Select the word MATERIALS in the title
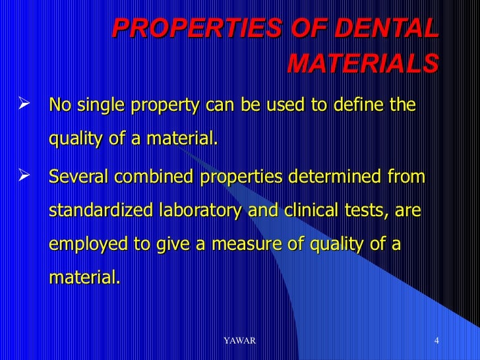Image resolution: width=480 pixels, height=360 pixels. click(x=363, y=64)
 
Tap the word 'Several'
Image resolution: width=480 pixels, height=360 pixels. click(x=79, y=178)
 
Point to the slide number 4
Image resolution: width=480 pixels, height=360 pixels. click(x=437, y=340)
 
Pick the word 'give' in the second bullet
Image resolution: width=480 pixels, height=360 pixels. click(x=173, y=244)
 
